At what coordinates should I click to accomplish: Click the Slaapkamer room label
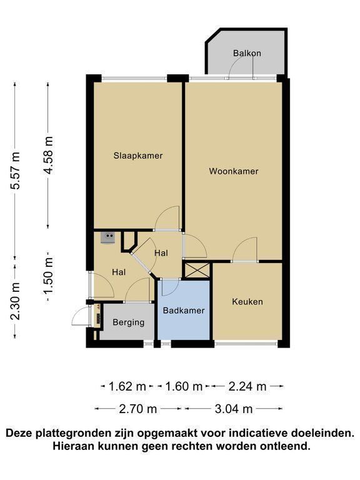coord(138,156)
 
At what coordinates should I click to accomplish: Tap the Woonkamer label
coord(234,171)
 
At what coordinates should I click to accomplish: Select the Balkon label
coord(247,53)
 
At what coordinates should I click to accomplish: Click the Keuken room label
coord(247,301)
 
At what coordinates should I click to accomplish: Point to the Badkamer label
coord(184,311)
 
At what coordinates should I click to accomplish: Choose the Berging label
coord(129,322)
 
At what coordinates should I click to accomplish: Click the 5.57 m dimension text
coord(15,171)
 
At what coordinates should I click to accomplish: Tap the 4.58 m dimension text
coord(48,156)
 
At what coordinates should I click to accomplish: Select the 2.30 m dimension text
coord(15,301)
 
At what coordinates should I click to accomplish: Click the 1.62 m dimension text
coord(127,387)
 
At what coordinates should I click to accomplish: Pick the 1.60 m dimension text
coord(184,387)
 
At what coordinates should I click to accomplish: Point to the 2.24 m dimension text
coord(247,387)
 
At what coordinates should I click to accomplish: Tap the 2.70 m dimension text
coord(138,409)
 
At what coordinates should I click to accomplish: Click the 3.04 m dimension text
coord(234,409)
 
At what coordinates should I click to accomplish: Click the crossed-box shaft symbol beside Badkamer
coord(196,270)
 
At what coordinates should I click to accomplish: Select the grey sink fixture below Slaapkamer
coord(107,237)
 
